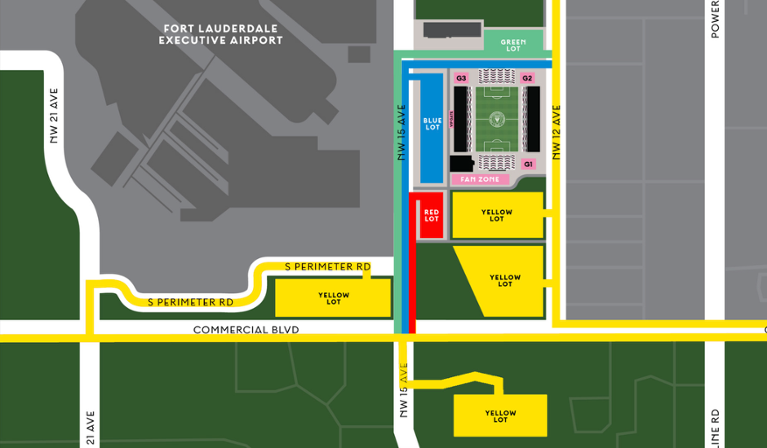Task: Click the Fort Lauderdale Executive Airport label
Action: click(x=221, y=34)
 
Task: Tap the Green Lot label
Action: click(x=513, y=45)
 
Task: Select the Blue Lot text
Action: click(x=432, y=124)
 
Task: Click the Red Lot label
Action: click(x=431, y=215)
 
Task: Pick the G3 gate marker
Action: click(x=461, y=79)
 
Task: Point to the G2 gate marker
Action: click(x=527, y=79)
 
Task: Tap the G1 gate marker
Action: click(x=528, y=164)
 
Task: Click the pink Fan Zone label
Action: click(x=480, y=179)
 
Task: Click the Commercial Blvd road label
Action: click(x=246, y=330)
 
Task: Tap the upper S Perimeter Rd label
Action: click(x=327, y=267)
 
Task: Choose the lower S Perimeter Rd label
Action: click(x=190, y=302)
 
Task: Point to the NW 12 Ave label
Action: click(x=556, y=132)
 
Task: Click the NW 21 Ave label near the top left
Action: click(x=54, y=115)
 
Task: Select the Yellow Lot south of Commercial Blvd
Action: click(x=500, y=416)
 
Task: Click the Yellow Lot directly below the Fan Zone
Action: click(x=496, y=215)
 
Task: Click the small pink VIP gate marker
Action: click(x=452, y=118)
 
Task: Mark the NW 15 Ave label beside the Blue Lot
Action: click(x=402, y=132)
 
